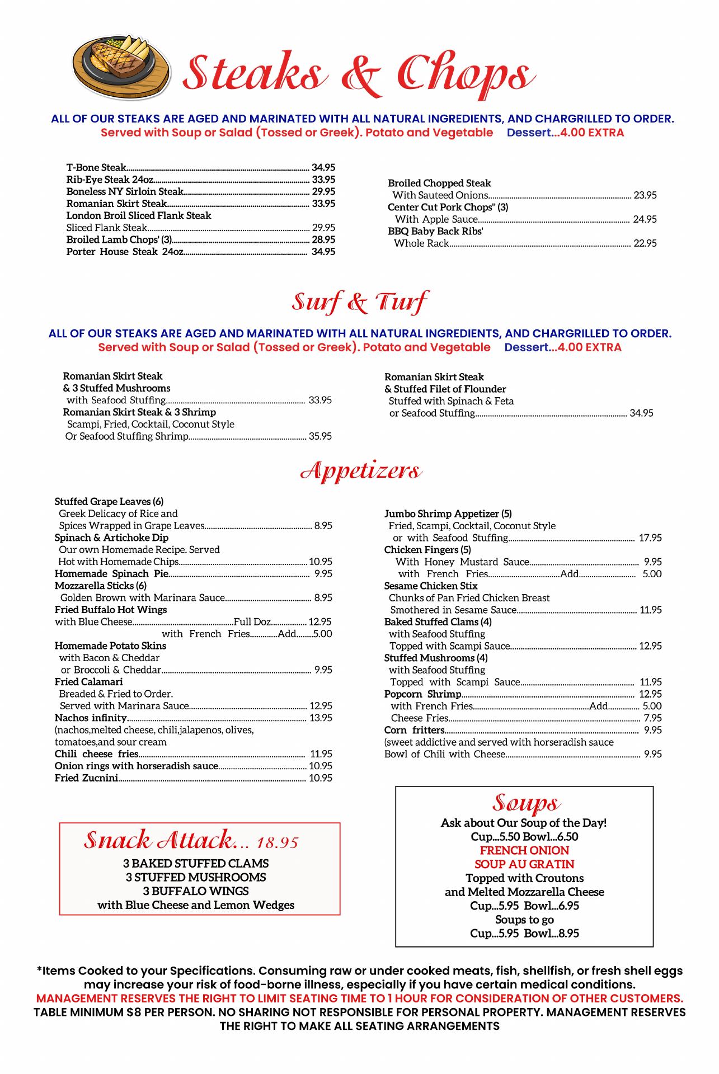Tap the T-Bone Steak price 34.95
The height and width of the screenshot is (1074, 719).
323,167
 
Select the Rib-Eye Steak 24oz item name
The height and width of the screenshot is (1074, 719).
110,180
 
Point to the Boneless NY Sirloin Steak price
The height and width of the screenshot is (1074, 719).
323,191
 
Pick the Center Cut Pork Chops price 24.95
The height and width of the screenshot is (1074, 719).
645,219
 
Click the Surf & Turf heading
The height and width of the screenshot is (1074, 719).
360,302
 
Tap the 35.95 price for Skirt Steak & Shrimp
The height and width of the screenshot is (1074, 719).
320,436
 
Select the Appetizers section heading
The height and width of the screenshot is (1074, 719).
361,471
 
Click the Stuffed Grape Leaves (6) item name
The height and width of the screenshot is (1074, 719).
109,501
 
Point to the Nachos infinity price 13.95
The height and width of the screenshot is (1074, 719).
321,718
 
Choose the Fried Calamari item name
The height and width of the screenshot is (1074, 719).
89,682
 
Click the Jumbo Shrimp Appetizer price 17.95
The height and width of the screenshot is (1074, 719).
650,538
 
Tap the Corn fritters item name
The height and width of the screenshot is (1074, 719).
414,730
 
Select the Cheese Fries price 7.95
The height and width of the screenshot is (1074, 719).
652,718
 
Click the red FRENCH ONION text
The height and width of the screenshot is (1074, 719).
524,850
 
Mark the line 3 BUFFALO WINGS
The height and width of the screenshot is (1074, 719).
196,891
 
